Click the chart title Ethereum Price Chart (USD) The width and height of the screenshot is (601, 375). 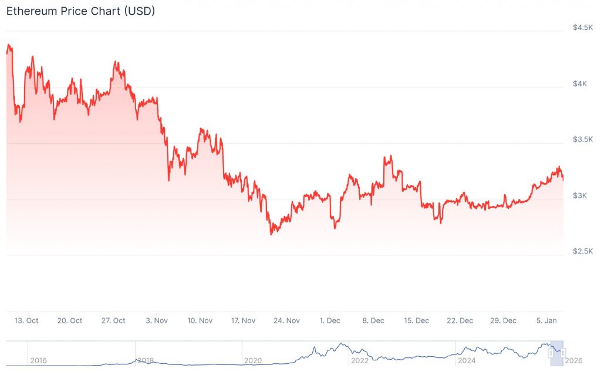80,11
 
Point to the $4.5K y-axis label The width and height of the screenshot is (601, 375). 583,28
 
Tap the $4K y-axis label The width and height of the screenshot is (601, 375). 580,84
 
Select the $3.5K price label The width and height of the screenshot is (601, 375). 583,140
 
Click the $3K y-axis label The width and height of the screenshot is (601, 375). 580,195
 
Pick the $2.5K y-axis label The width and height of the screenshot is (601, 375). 583,251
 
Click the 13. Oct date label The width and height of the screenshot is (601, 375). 26,320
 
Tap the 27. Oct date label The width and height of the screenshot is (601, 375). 113,320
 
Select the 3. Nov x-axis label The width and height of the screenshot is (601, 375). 157,320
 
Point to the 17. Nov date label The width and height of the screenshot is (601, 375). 244,320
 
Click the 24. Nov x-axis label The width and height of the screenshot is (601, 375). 287,320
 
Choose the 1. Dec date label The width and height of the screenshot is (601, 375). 330,320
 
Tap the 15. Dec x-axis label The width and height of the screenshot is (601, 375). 417,320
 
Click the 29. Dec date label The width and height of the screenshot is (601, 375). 504,320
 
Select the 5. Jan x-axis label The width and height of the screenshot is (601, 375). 547,320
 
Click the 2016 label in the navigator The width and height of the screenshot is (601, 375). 38,360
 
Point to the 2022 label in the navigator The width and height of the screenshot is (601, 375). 359,360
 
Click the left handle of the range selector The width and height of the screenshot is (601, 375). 551,353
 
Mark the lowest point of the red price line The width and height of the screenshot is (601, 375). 271,234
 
